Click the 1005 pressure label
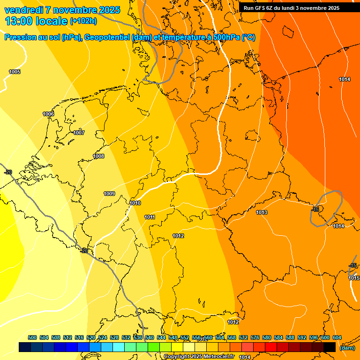pos(15,72)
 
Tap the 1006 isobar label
pos(48,114)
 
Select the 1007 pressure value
pos(79,133)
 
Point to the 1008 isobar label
pos(98,156)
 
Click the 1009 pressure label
pos(109,194)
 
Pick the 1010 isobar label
pos(135,203)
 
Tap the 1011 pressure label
pos(150,217)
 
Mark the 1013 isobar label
pos(262,212)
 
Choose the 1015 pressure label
pos(354,278)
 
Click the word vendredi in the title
pos(23,10)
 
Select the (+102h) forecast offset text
pos(83,21)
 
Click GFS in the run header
pos(261,8)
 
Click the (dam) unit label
pos(347,348)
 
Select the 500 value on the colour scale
pos(32,337)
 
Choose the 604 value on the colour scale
pos(337,337)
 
